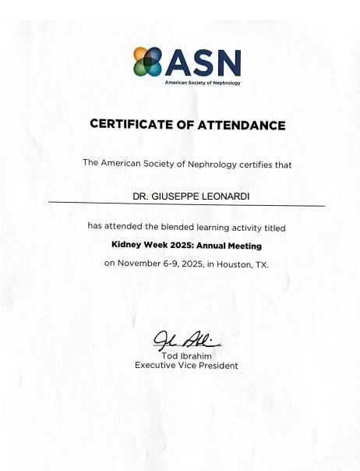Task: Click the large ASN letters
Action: pos(203,62)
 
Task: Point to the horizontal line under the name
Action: pos(186,205)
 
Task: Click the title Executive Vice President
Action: pos(186,365)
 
